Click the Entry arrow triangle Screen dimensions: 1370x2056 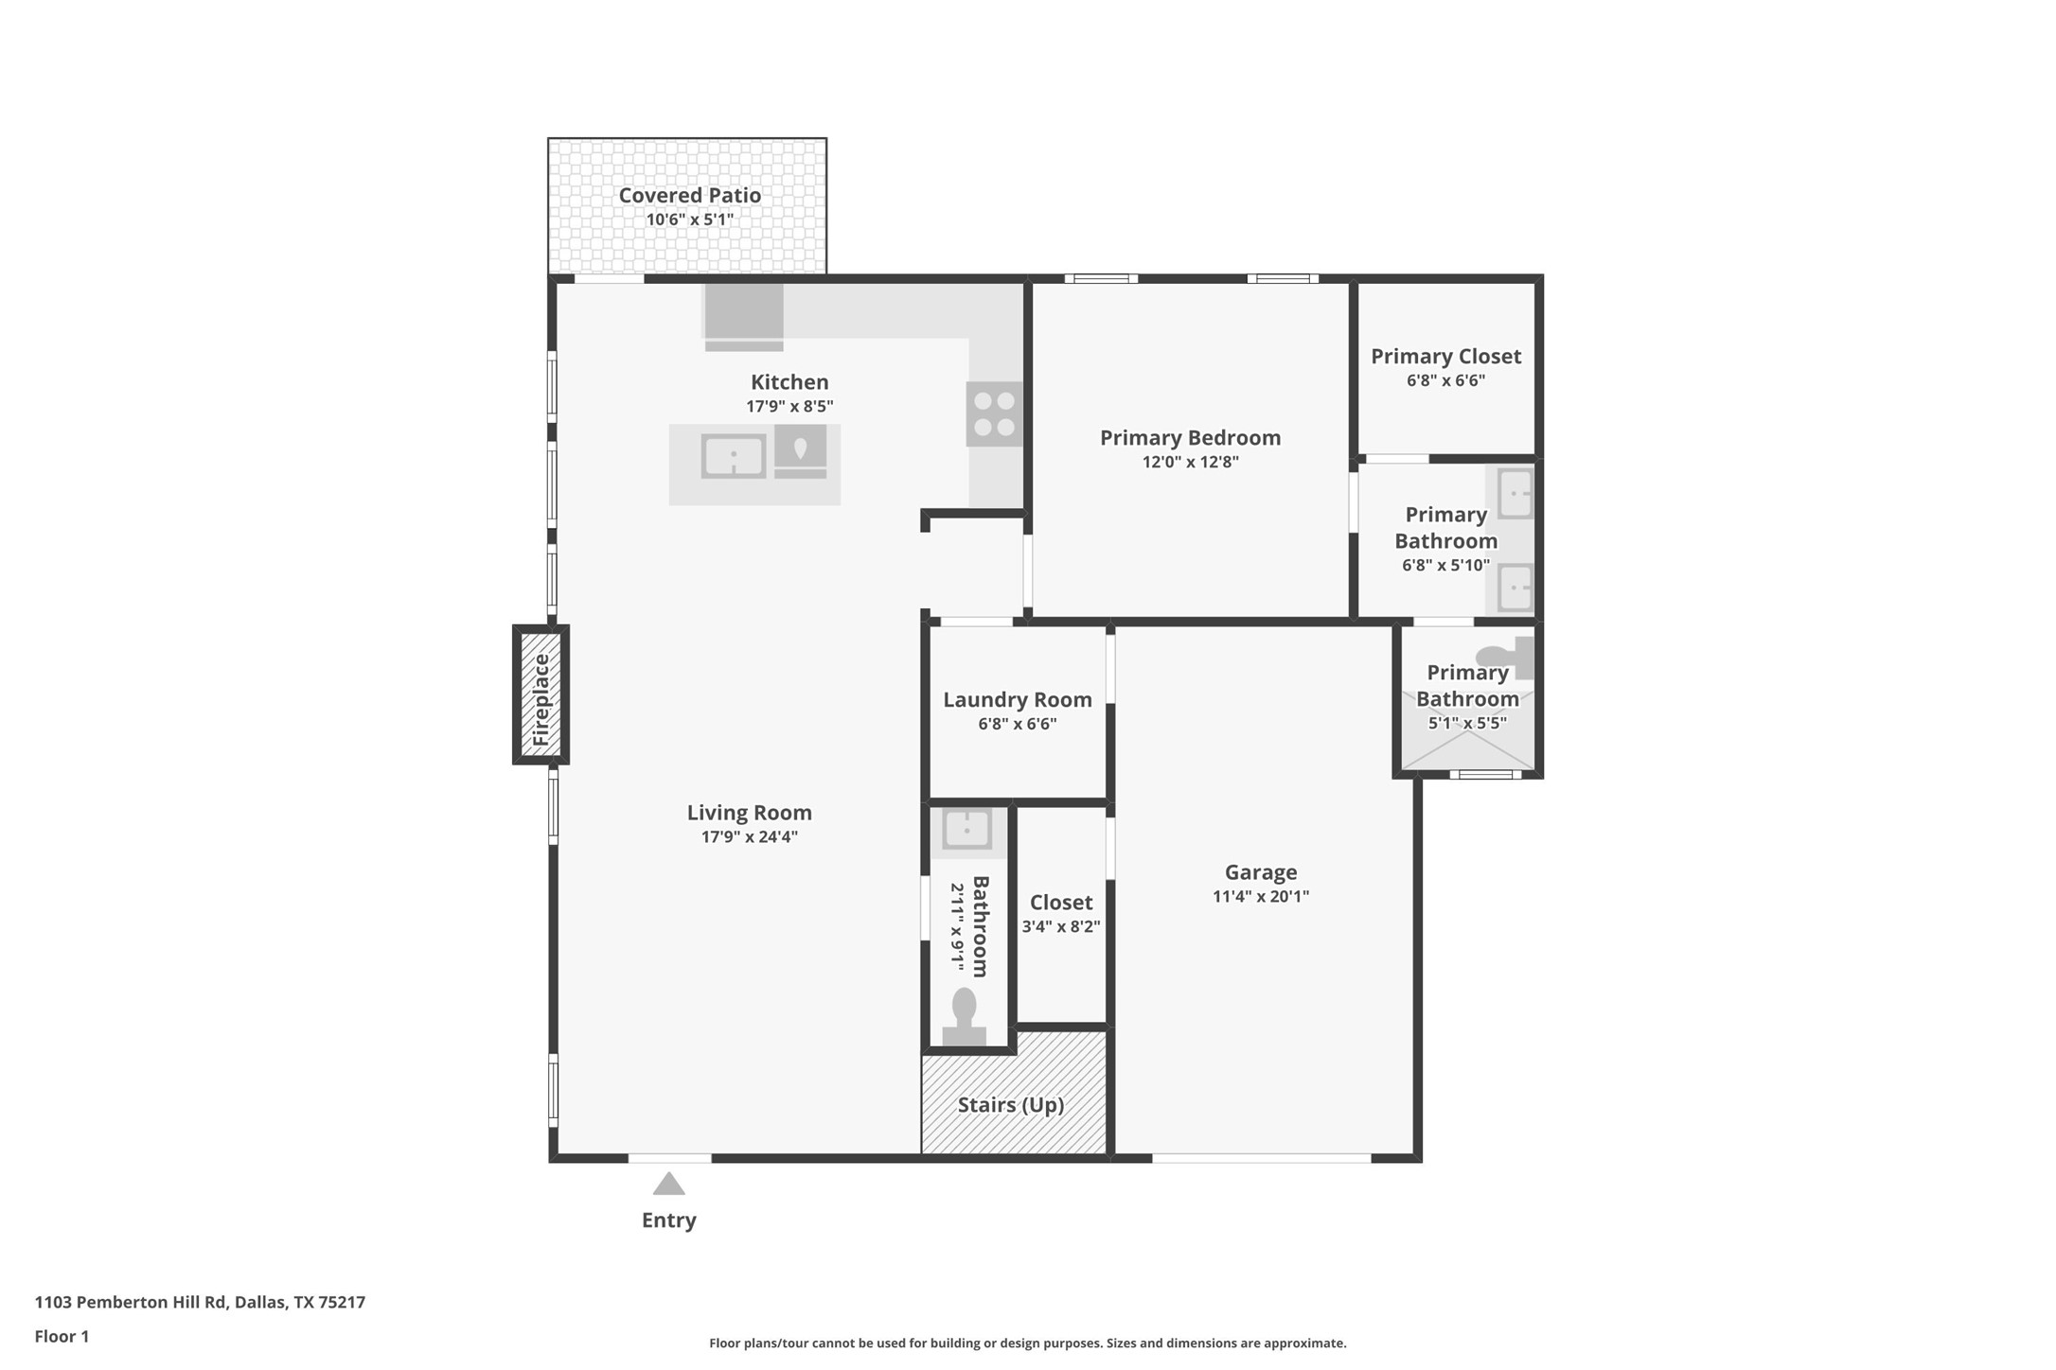(668, 1185)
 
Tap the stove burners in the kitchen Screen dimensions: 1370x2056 (994, 414)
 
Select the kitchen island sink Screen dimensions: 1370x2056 (733, 457)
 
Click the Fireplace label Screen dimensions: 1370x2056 (541, 699)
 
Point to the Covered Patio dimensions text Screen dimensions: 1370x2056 (689, 220)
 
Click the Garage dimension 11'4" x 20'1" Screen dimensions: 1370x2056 (1260, 897)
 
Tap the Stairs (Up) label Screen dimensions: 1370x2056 (1010, 1105)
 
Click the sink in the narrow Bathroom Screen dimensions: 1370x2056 (966, 830)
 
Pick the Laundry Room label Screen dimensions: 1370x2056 (1017, 700)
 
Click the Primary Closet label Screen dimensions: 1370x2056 (1445, 357)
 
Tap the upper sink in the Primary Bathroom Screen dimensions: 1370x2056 (1515, 494)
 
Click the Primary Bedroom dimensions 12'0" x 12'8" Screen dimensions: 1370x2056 (1190, 463)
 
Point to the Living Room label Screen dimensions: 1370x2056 (749, 813)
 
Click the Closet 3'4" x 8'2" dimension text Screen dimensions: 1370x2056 (1060, 927)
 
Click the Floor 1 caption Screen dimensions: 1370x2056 (62, 1337)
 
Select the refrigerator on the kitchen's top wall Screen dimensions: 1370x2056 (744, 316)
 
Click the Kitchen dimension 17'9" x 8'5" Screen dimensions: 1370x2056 (789, 407)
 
